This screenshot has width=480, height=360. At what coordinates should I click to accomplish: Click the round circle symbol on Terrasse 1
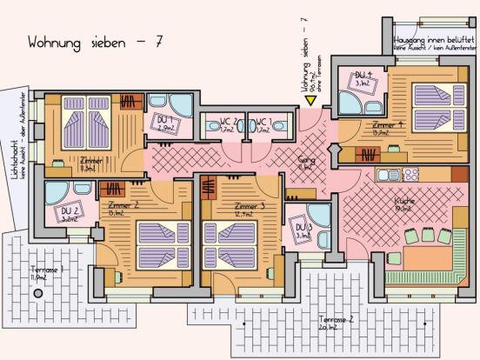(x=37, y=294)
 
